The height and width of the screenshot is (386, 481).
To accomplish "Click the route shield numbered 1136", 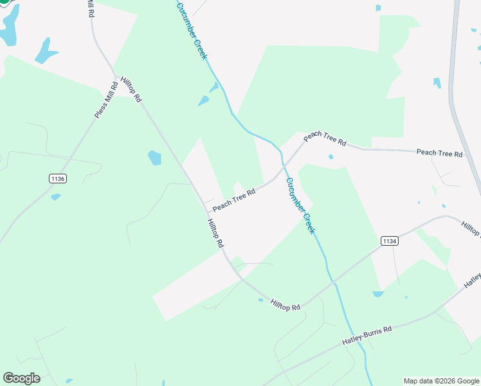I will pos(57,178).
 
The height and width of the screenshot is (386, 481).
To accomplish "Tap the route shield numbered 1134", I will pos(389,241).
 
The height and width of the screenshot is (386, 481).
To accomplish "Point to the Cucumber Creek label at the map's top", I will pos(192,30).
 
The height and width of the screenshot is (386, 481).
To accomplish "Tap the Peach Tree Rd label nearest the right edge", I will pos(439,153).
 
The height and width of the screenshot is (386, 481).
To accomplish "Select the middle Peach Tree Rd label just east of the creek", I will pos(325,138).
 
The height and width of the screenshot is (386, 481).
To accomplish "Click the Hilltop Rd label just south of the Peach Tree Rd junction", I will pos(215,233).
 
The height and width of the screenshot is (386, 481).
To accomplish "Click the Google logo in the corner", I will pos(21,378).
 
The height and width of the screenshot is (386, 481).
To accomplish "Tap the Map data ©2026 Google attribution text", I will pos(441,381).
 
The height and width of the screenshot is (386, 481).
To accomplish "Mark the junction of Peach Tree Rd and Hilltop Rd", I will pos(204,205).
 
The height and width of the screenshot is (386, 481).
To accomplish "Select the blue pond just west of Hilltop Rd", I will pos(154,158).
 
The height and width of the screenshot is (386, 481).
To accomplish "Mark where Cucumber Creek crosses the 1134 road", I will pos(332,282).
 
